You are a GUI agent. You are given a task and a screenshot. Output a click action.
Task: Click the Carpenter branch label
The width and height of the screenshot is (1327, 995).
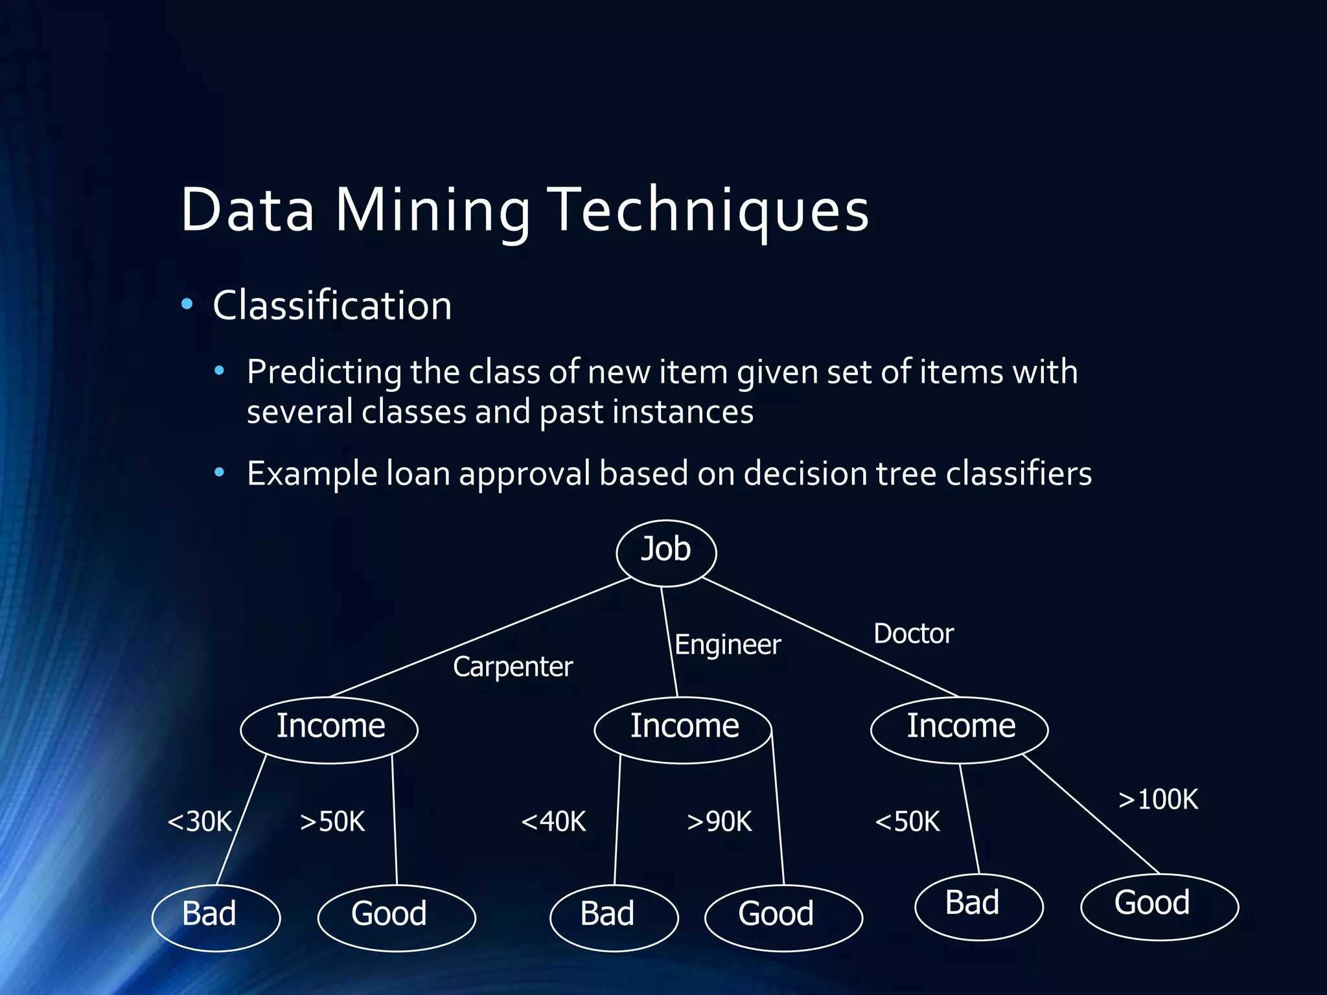(513, 667)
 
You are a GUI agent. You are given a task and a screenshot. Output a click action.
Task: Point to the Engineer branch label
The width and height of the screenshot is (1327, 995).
(728, 645)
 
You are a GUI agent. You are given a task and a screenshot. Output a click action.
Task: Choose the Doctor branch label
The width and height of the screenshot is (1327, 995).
(913, 634)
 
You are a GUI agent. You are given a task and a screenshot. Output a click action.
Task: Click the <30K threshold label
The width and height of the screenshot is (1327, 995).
(200, 821)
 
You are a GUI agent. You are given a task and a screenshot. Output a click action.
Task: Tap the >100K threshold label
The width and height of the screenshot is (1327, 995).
(1159, 799)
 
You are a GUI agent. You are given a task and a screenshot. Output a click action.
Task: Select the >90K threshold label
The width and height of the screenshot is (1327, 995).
(719, 821)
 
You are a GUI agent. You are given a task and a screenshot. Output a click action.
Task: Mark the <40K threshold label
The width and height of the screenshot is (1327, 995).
(553, 821)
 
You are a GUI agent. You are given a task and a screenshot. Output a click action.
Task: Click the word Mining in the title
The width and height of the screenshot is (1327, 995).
(432, 211)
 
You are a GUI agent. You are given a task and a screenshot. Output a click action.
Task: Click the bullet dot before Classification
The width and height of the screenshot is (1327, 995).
(187, 304)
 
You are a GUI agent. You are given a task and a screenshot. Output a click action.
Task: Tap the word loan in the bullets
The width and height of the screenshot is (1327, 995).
(418, 474)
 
